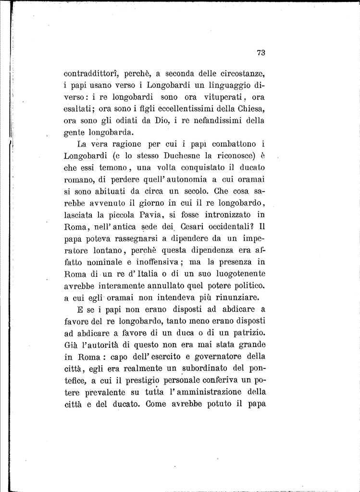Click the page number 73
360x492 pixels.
pyautogui.click(x=261, y=53)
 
